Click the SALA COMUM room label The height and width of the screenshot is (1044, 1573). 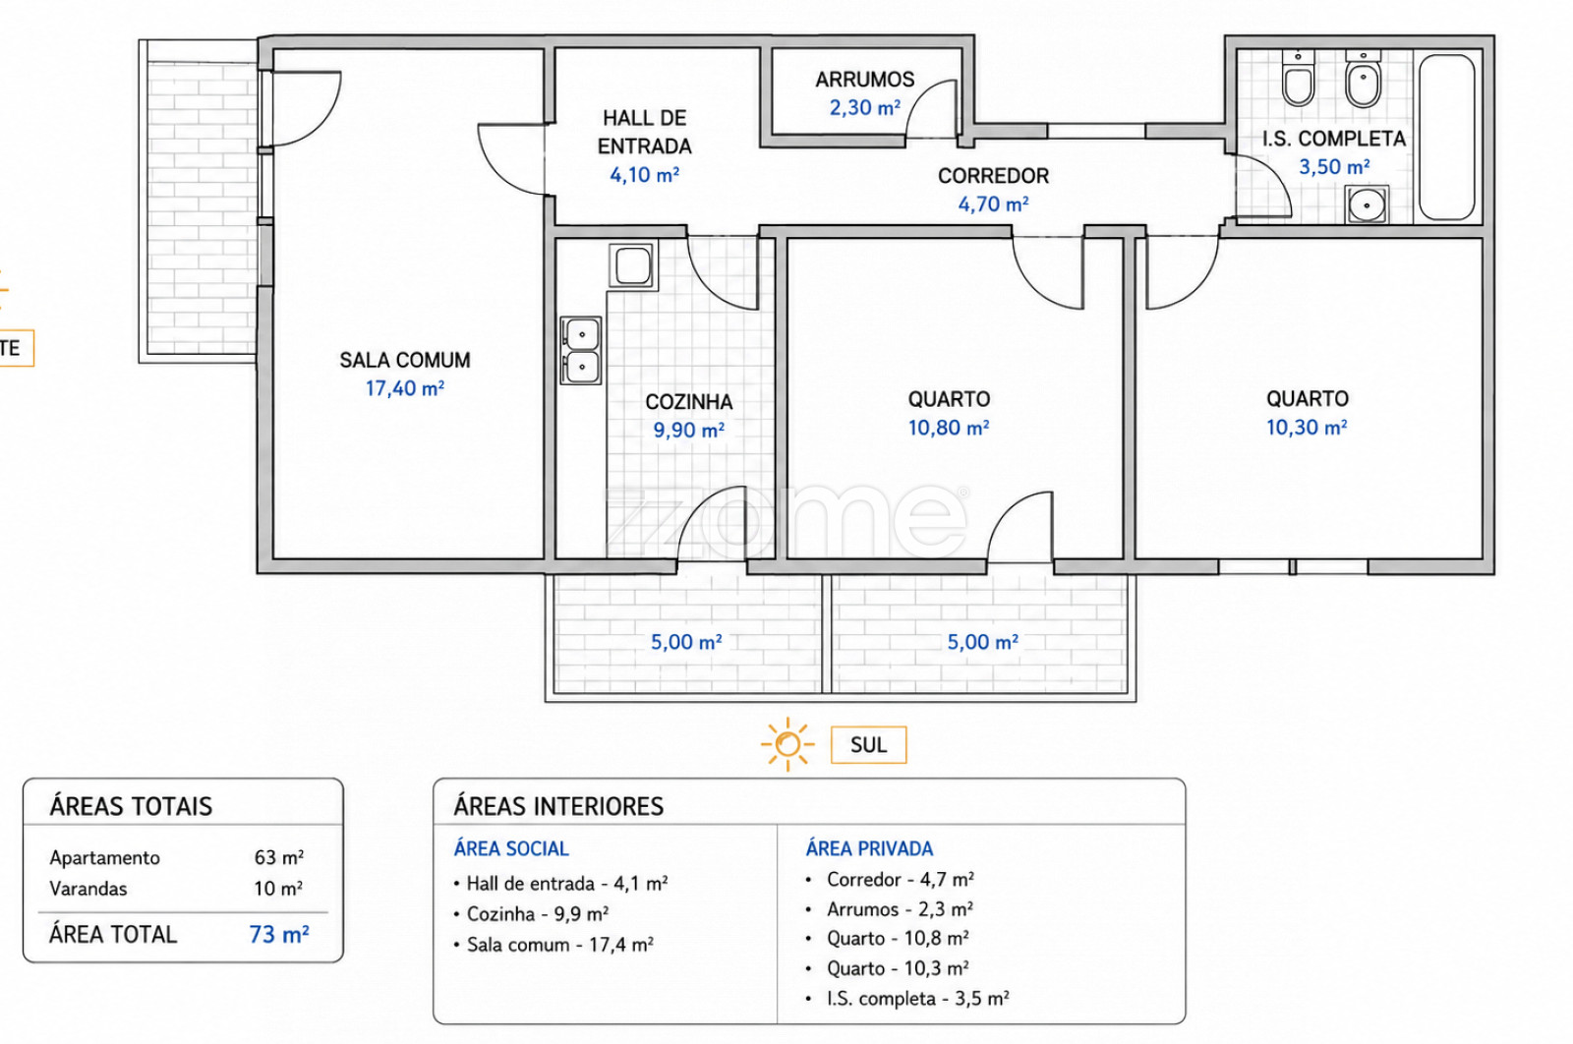pyautogui.click(x=404, y=360)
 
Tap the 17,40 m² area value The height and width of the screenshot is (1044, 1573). pyautogui.click(x=404, y=388)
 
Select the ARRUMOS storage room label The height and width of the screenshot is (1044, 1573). pyautogui.click(x=864, y=80)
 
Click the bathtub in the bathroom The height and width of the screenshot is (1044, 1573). pyautogui.click(x=1446, y=138)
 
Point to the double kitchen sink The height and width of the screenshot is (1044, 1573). pyautogui.click(x=581, y=350)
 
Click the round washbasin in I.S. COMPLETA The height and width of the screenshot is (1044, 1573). pyautogui.click(x=1367, y=205)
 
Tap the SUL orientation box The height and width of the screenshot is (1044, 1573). pyautogui.click(x=869, y=745)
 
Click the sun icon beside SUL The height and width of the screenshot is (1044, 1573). pyautogui.click(x=787, y=744)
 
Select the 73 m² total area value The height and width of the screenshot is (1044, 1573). pyautogui.click(x=279, y=935)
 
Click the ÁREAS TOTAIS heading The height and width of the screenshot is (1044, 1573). pyautogui.click(x=131, y=806)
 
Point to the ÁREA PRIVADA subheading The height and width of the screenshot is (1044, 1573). pyautogui.click(x=869, y=848)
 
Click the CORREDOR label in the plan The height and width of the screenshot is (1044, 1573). pyautogui.click(x=993, y=176)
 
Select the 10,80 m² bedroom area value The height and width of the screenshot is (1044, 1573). pyautogui.click(x=949, y=428)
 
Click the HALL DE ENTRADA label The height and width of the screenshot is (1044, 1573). pyautogui.click(x=645, y=132)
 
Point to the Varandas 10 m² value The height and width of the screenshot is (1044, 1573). pyautogui.click(x=278, y=889)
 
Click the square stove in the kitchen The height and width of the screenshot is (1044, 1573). pyautogui.click(x=633, y=265)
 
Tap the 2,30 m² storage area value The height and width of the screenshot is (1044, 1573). pyautogui.click(x=864, y=107)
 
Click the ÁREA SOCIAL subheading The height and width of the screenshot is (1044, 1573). pyautogui.click(x=511, y=848)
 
